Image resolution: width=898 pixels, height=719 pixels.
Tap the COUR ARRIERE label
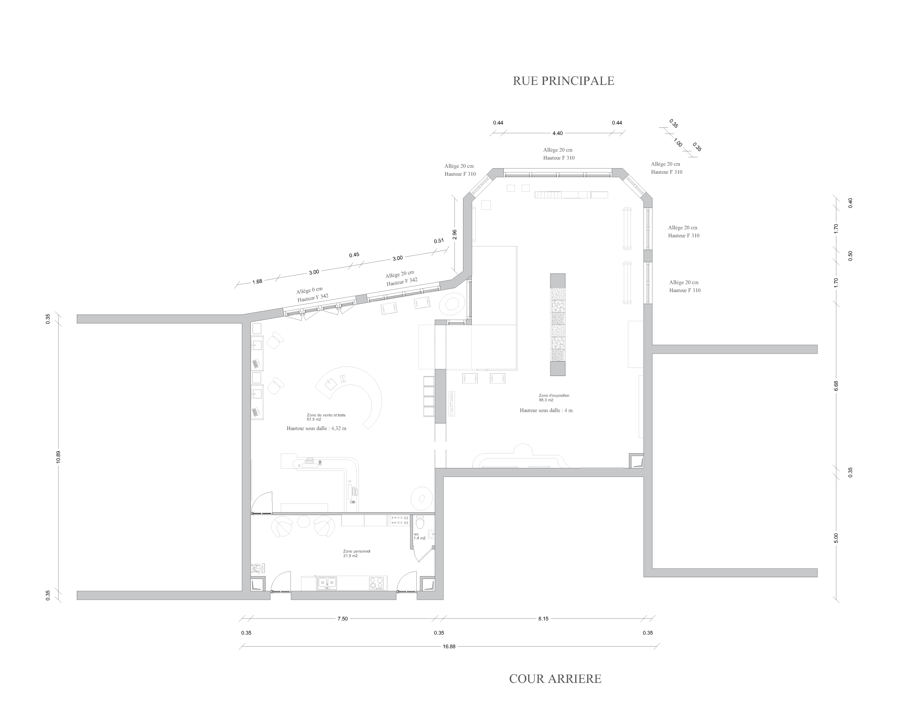pos(555,679)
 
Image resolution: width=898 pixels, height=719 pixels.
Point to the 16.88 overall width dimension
pos(449,646)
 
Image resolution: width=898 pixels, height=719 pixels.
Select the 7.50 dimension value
pos(342,619)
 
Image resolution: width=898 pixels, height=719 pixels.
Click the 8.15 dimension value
pos(543,619)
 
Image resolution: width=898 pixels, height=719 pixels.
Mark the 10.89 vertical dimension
pos(58,457)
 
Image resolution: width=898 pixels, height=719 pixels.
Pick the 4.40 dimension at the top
pos(557,133)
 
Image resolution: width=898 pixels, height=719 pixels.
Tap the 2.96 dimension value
pos(455,234)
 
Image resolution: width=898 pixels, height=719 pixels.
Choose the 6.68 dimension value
pos(836,386)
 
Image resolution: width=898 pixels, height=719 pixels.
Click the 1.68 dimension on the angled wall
pos(257,281)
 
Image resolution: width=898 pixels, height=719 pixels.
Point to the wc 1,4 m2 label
pos(420,536)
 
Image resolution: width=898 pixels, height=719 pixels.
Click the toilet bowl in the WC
pos(420,522)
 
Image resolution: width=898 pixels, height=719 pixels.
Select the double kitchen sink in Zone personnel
pos(327,583)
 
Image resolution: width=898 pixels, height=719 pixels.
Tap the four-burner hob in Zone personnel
pos(376,583)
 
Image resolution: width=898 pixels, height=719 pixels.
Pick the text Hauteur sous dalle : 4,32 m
pos(316,428)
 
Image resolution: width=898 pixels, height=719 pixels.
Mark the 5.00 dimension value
pos(836,538)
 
